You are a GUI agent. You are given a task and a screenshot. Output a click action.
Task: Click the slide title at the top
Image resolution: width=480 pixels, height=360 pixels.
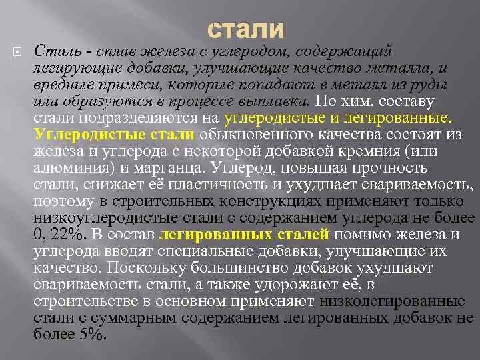click(x=245, y=29)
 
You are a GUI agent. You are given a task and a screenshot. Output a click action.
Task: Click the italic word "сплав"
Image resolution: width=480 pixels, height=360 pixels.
click(x=115, y=51)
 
